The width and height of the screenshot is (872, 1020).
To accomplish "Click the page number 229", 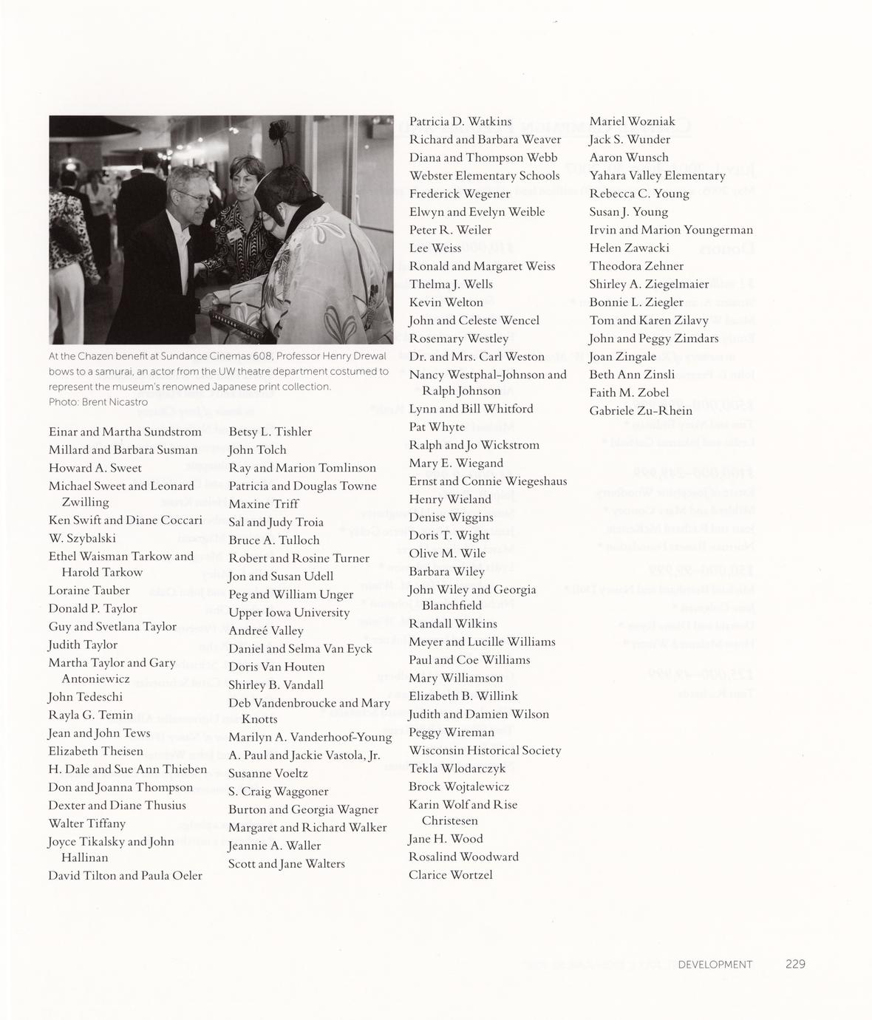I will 795,964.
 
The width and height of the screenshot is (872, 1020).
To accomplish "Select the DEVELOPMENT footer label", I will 715,964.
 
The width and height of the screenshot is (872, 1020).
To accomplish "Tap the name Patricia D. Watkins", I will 460,121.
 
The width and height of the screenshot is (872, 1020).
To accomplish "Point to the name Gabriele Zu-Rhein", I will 641,411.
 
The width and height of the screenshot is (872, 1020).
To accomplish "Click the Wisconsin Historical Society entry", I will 485,750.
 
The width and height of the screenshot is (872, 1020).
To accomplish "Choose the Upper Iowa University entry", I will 289,613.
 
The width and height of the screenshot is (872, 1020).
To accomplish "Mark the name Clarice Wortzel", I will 450,875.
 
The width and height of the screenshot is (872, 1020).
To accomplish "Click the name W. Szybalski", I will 82,538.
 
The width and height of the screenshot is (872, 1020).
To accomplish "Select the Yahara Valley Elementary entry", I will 657,176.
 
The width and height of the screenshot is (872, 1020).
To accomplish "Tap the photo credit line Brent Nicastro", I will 98,402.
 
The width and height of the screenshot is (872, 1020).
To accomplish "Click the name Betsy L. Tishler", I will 270,432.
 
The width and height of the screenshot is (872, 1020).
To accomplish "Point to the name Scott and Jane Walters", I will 287,863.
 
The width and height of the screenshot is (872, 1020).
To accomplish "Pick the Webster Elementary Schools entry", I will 484,176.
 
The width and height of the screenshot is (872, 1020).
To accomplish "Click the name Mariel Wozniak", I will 632,121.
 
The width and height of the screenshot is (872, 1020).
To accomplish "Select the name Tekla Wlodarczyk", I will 457,769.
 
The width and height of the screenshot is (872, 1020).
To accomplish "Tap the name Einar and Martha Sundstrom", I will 125,432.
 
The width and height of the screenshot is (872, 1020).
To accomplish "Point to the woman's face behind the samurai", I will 242,175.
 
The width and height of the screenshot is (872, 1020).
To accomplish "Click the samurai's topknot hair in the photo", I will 283,137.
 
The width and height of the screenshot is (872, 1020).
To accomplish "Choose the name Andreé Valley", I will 266,630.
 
